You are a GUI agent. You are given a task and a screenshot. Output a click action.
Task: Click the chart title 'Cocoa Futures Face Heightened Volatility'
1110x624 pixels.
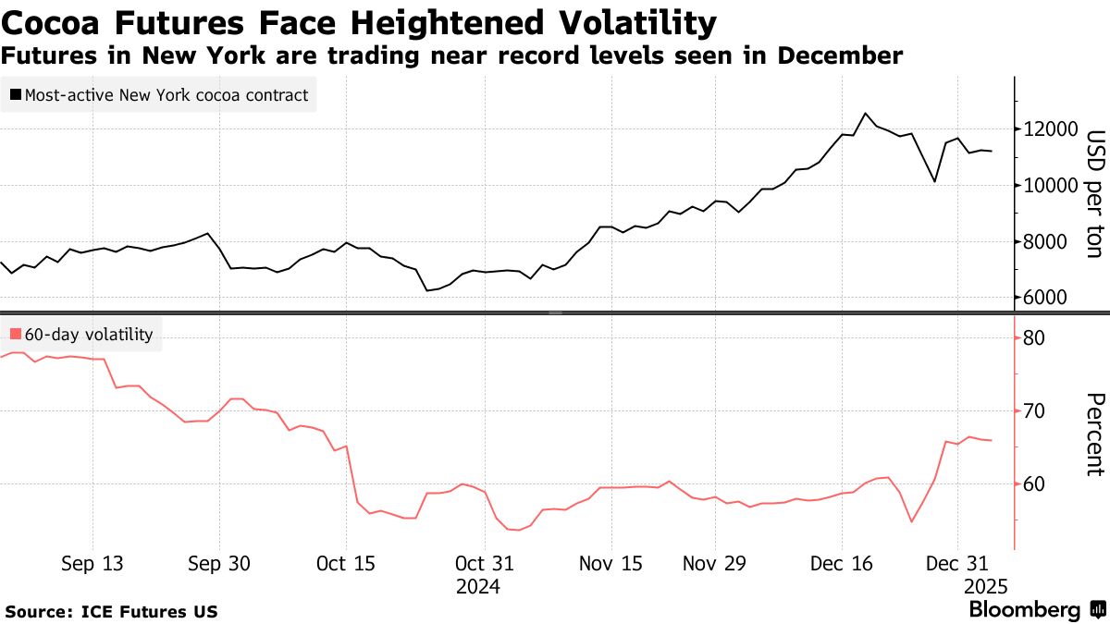pos(359,21)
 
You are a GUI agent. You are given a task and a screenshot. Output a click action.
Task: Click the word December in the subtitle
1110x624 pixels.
pos(840,55)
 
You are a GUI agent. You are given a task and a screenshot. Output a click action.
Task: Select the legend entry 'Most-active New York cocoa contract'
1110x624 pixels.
pos(158,94)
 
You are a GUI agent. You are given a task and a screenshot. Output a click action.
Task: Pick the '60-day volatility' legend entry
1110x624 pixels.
pos(81,335)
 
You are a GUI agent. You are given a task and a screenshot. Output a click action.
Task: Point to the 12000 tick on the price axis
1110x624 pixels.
pos(1046,129)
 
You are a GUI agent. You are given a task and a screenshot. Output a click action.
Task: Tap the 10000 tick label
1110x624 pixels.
pos(1046,186)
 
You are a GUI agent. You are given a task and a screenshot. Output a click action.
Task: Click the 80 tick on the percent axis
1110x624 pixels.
pos(1033,338)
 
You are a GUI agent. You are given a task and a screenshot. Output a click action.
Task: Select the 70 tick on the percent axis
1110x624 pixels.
pos(1033,411)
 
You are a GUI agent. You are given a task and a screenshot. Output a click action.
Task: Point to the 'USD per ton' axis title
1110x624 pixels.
pos(1095,193)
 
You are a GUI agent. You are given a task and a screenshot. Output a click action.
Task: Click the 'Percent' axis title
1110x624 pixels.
pos(1095,434)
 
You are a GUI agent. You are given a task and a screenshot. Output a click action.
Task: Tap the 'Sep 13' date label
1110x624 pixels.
pos(92,564)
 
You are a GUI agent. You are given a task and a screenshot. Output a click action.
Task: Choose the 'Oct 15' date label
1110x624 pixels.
pos(345,564)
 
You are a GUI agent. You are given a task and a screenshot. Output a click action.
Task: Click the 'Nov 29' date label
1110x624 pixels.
pos(713,564)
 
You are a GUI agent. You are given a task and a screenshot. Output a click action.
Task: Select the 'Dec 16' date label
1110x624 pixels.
pos(841,564)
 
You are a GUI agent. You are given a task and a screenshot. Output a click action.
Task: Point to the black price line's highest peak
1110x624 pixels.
pos(865,114)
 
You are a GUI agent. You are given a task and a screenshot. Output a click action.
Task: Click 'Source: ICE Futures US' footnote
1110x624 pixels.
pos(112,611)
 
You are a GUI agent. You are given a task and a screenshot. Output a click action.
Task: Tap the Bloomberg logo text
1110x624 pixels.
pos(1024,610)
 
